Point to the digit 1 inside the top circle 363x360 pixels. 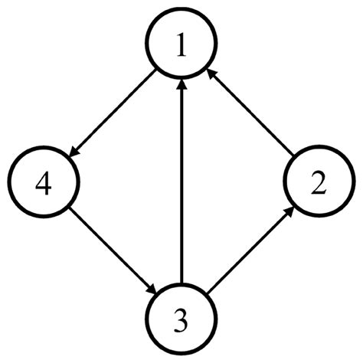pos(181,48)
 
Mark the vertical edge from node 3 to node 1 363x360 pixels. pos(181,184)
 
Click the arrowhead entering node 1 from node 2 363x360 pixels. pos(211,74)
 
